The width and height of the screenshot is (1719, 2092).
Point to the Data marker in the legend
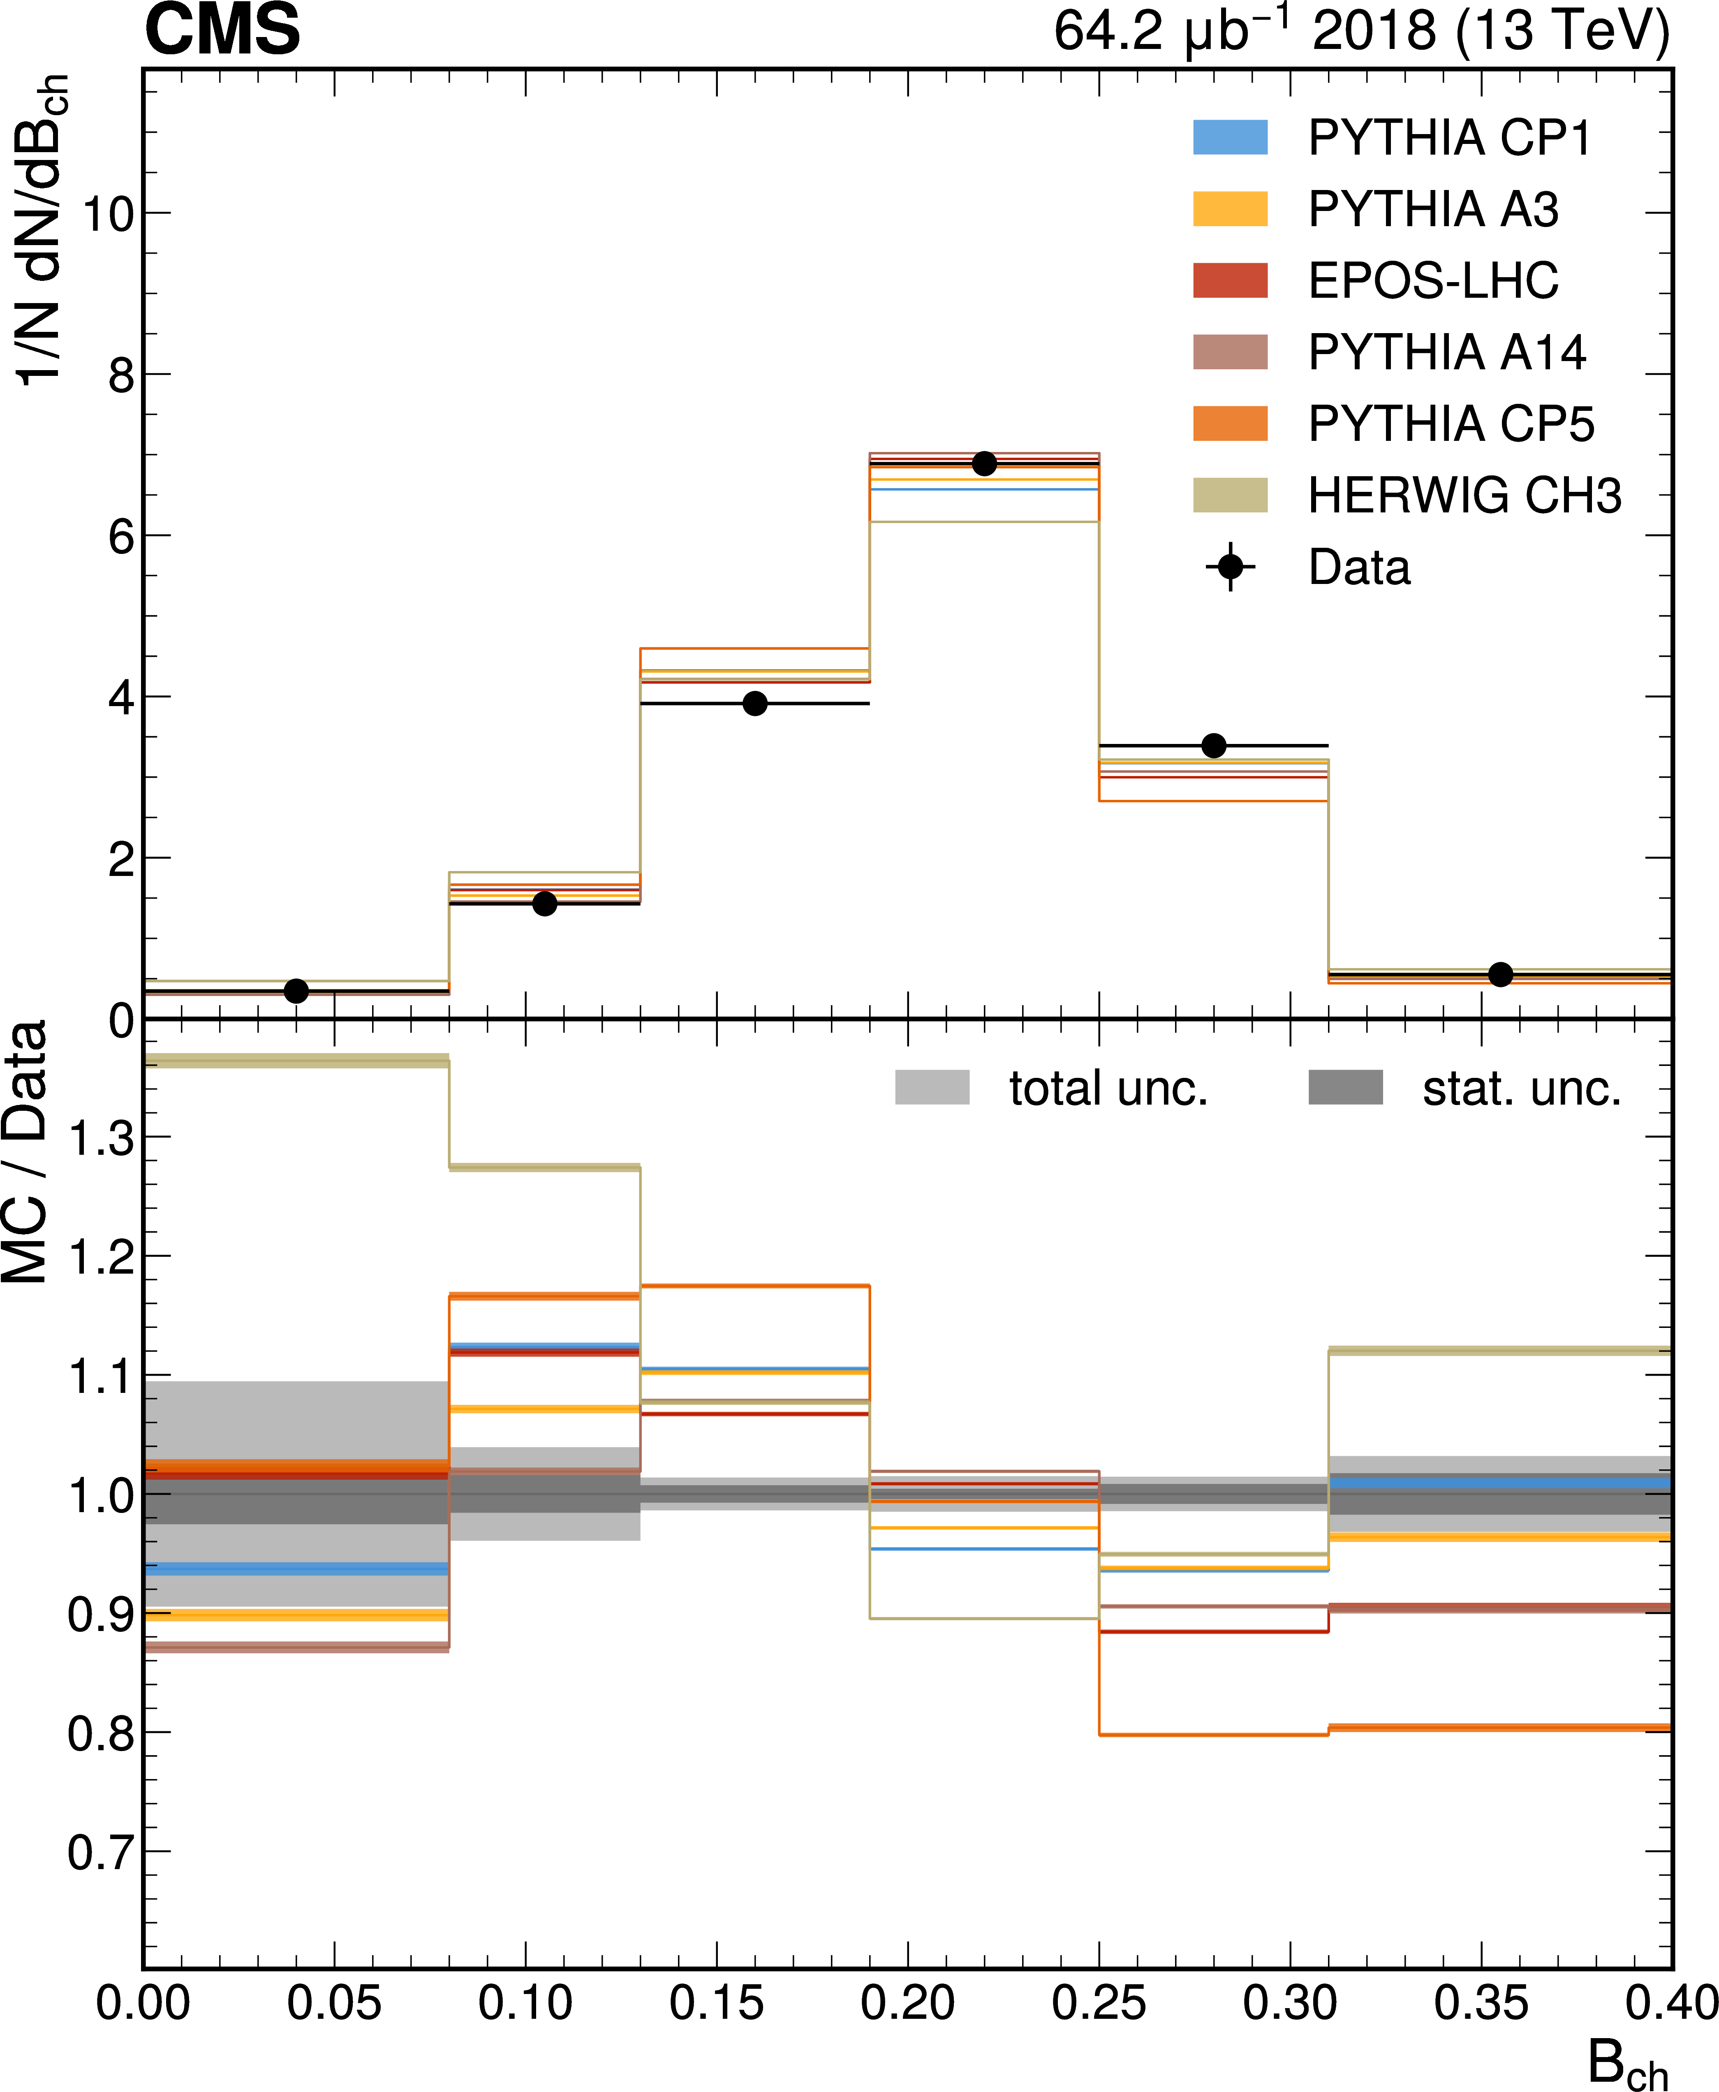pyautogui.click(x=1230, y=567)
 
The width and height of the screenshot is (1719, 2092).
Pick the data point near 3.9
pyautogui.click(x=754, y=703)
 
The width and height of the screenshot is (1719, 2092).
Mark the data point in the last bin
pyautogui.click(x=1500, y=975)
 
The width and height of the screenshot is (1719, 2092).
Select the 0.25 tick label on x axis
pyautogui.click(x=1098, y=2003)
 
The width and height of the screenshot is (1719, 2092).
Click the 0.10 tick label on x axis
pyautogui.click(x=525, y=2003)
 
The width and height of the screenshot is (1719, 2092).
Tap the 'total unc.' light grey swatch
pyautogui.click(x=932, y=1088)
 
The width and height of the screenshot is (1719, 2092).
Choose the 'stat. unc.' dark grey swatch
pyautogui.click(x=1345, y=1088)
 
